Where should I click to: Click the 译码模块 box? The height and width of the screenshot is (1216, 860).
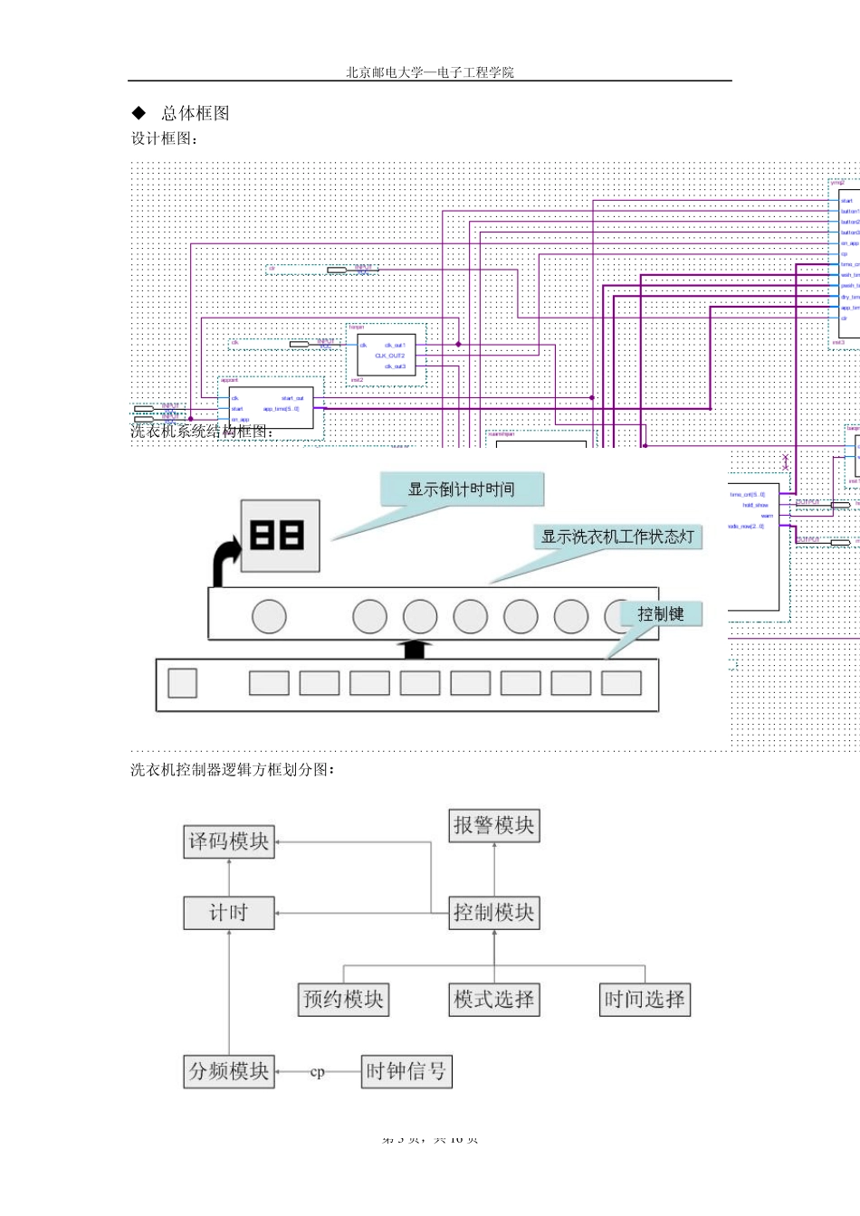pos(229,841)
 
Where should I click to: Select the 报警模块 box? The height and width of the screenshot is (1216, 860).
pos(494,825)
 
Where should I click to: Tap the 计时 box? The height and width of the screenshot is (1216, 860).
pos(229,912)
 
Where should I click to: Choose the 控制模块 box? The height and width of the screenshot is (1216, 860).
pos(494,912)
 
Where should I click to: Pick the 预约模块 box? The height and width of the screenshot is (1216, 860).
pos(343,999)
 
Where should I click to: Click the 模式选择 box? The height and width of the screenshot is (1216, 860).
pos(494,999)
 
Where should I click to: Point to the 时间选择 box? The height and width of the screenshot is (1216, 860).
pos(645,999)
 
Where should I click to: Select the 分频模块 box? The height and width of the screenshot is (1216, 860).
pos(229,1071)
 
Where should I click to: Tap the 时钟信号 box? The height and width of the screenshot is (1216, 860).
pos(406,1071)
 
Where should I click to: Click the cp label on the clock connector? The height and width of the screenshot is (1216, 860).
pos(317,1072)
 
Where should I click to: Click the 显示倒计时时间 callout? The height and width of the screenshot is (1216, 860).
pos(461,489)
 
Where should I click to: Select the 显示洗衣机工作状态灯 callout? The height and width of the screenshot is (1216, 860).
pos(617,537)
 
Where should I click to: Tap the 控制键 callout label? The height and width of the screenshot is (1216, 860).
pos(661,614)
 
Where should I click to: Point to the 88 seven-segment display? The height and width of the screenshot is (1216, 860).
pos(279,536)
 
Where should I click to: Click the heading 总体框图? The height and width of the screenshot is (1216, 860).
pos(196,113)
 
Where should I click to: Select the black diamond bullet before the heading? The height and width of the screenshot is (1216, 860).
pos(139,113)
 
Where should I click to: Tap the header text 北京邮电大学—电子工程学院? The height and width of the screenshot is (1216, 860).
pos(429,72)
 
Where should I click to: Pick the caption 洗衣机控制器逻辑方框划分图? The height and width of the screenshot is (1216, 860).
pos(233,770)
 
